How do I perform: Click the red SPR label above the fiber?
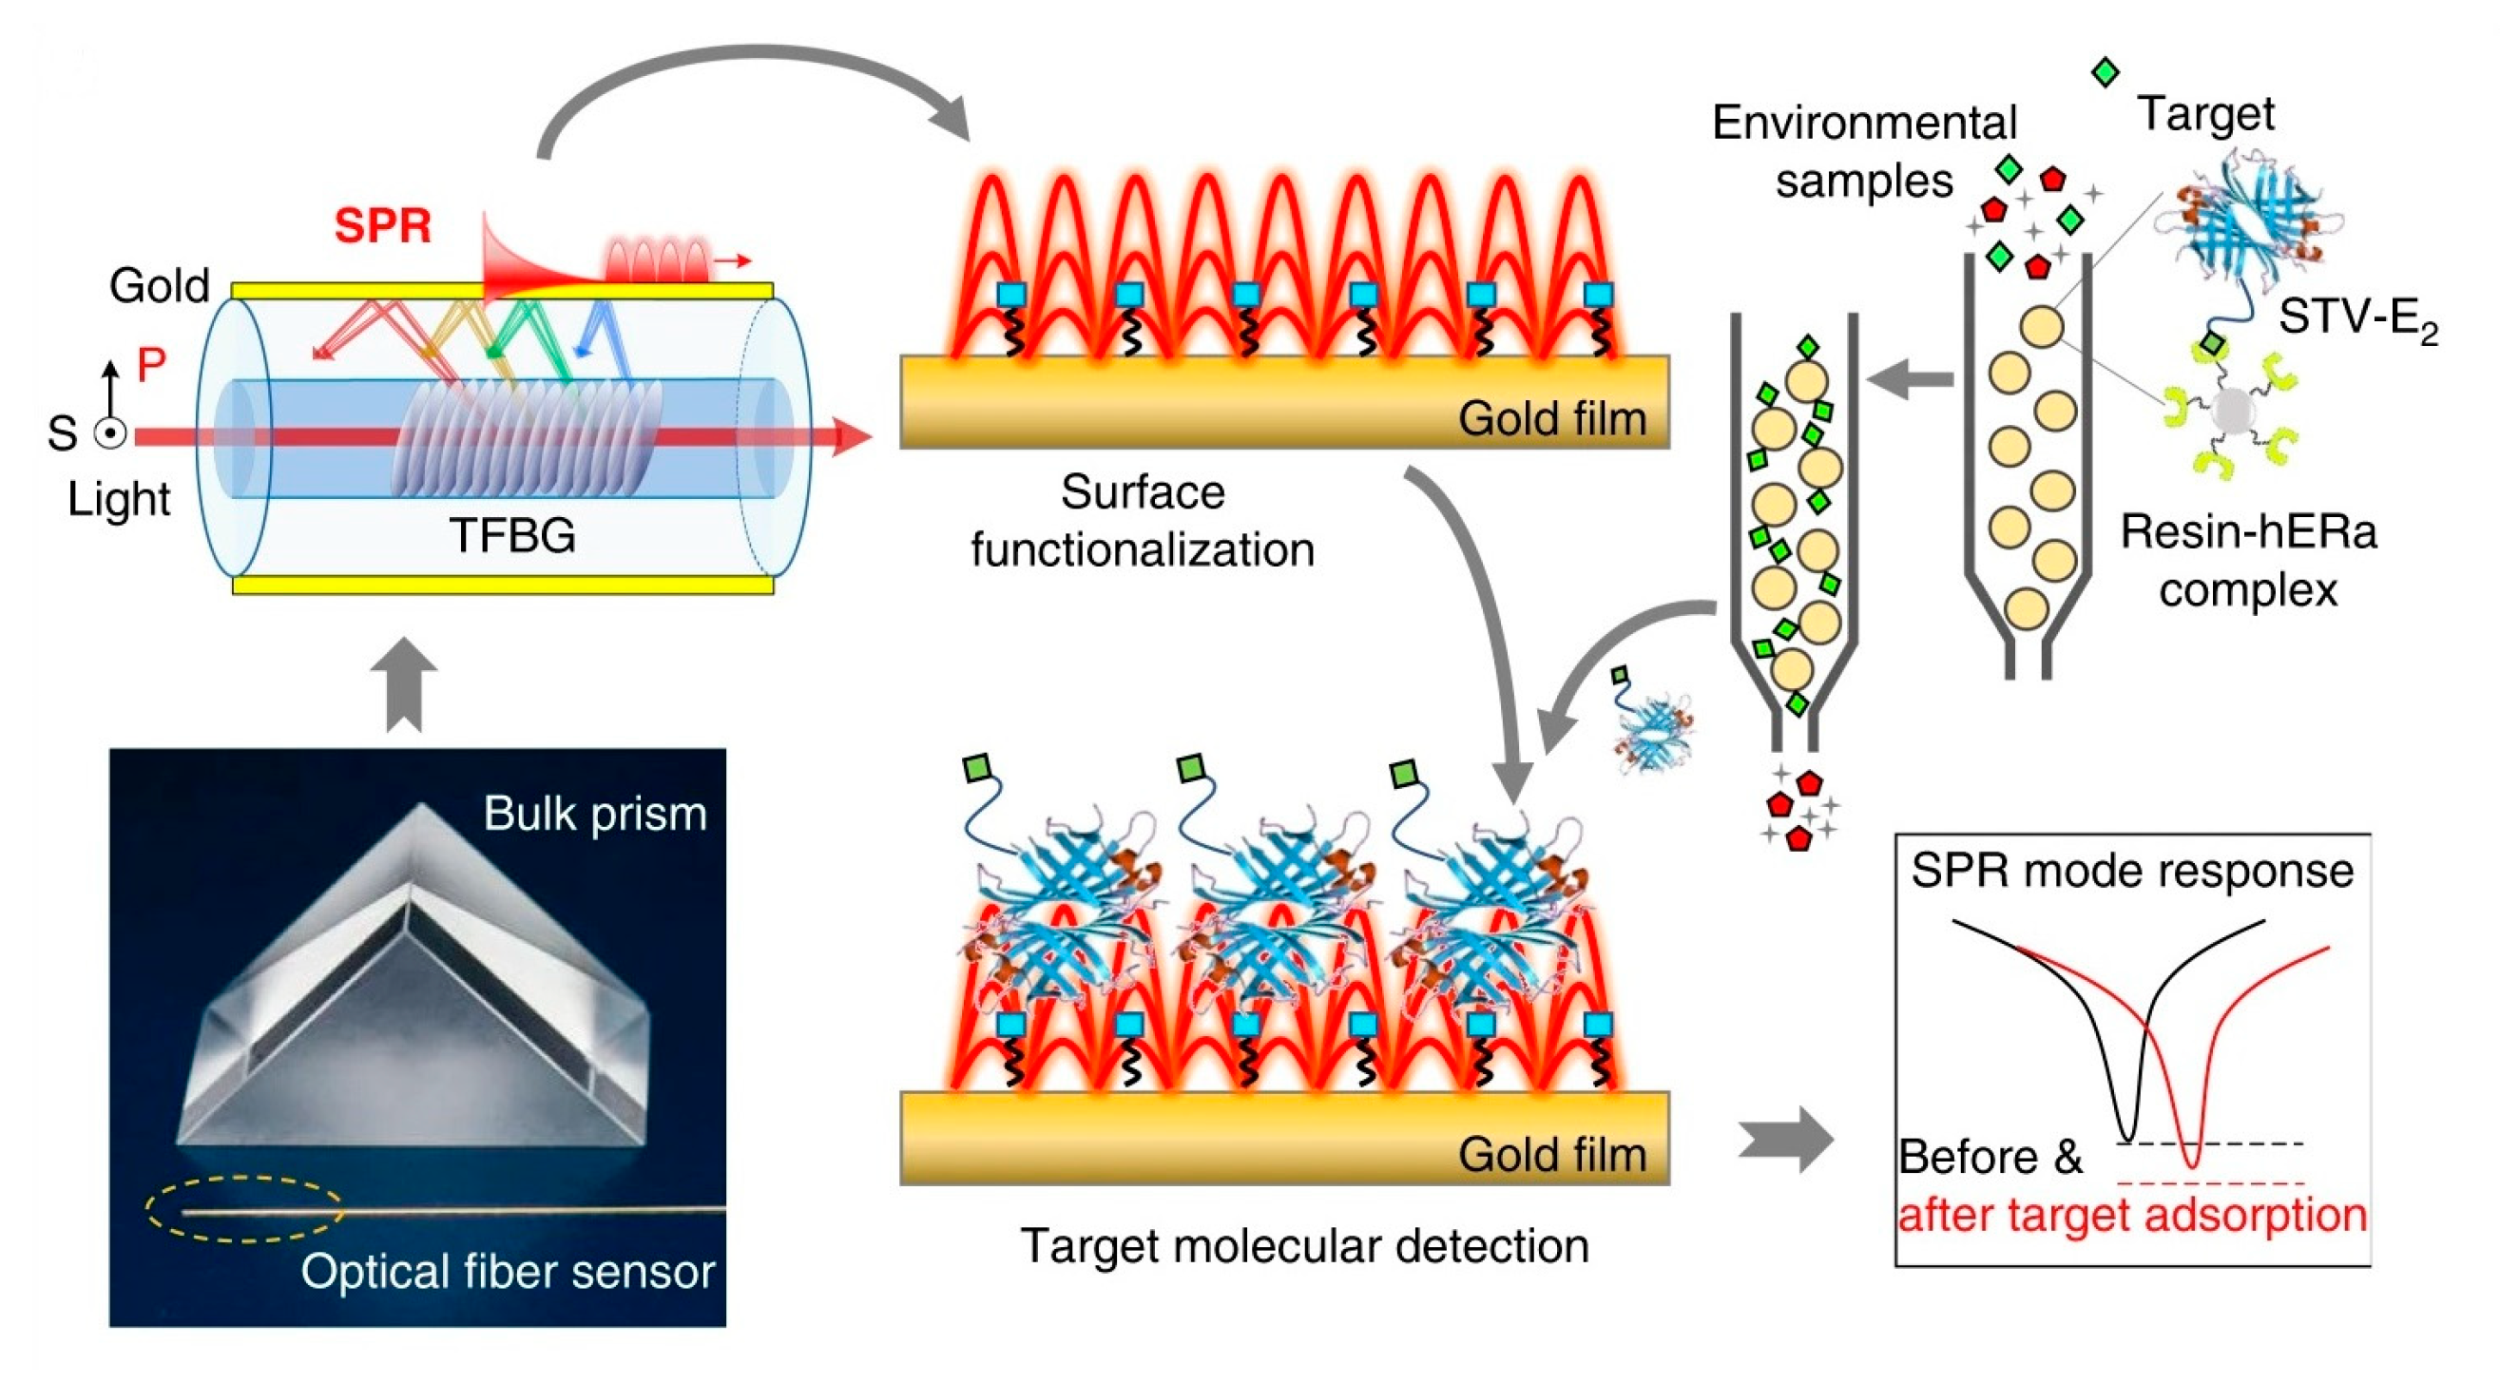point(382,226)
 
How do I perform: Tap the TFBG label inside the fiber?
point(512,535)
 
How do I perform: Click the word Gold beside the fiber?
point(159,286)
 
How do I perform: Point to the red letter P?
point(150,365)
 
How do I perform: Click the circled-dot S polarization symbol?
point(110,433)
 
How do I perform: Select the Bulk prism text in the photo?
point(595,814)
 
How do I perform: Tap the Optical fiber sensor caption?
point(507,1272)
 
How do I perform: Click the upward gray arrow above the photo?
point(404,684)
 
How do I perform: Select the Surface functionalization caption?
point(1143,521)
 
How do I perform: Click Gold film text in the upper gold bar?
point(1552,419)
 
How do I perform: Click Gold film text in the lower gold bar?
point(1552,1155)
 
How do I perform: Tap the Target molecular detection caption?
point(1304,1246)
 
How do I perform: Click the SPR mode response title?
point(2132,871)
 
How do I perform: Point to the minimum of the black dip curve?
point(2127,1138)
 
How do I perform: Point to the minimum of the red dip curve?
point(2191,1164)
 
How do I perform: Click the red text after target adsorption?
point(2132,1215)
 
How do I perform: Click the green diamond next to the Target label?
point(2104,72)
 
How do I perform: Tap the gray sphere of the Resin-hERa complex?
point(2229,411)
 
